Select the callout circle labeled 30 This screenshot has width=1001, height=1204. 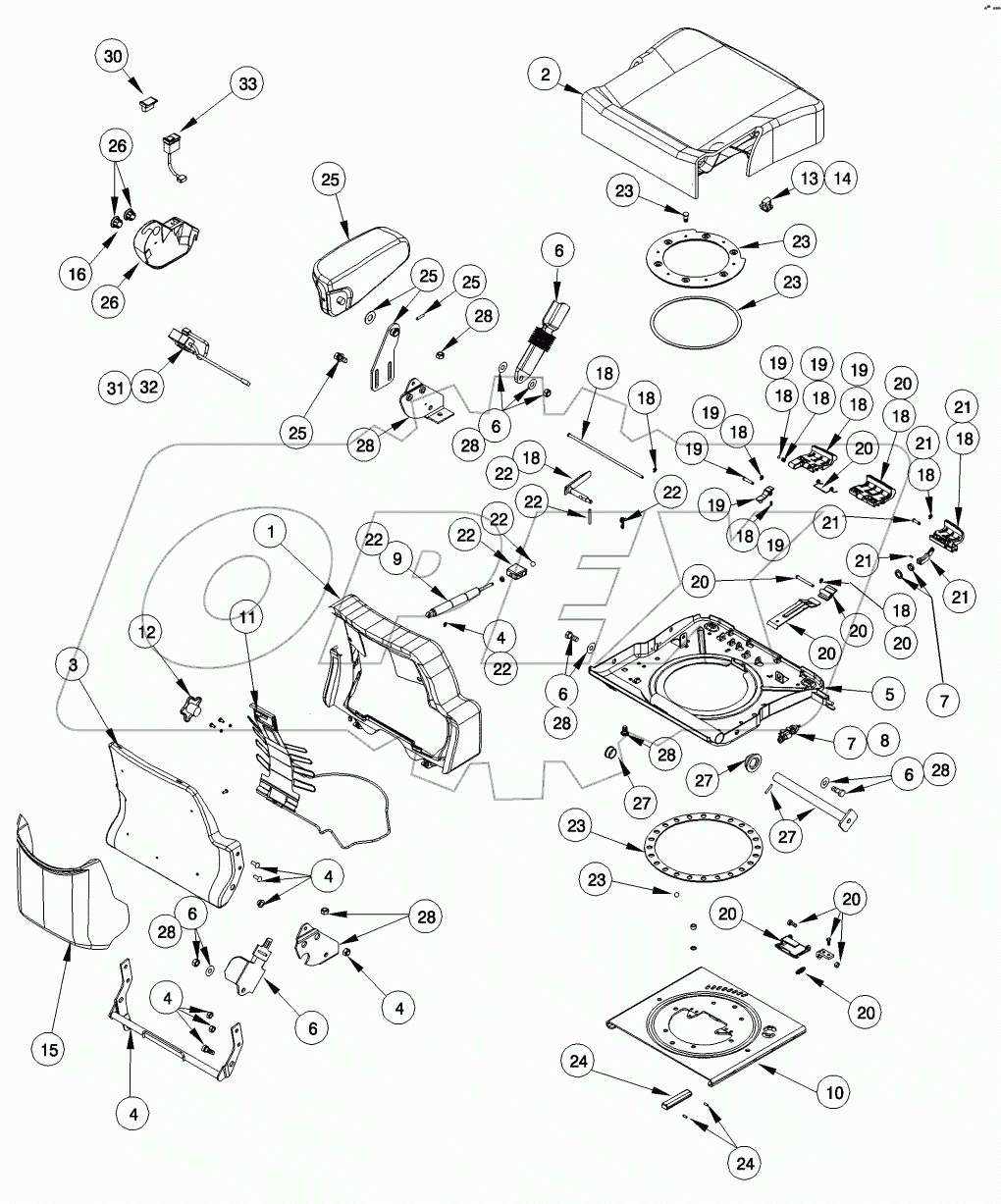click(x=114, y=57)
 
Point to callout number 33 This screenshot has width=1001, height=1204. click(x=247, y=84)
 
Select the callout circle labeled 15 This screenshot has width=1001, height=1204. click(x=51, y=1050)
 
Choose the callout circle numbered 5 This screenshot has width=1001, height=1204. click(x=888, y=693)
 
